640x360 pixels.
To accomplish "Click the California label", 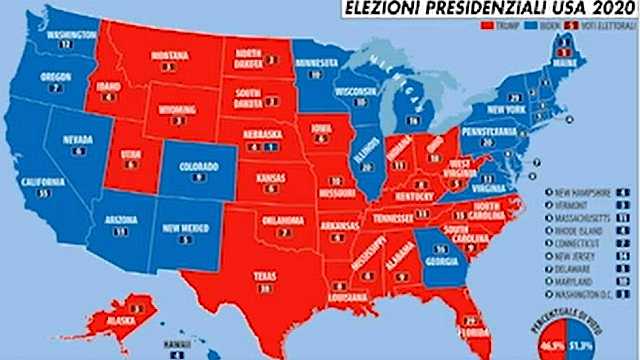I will (x=41, y=181).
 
